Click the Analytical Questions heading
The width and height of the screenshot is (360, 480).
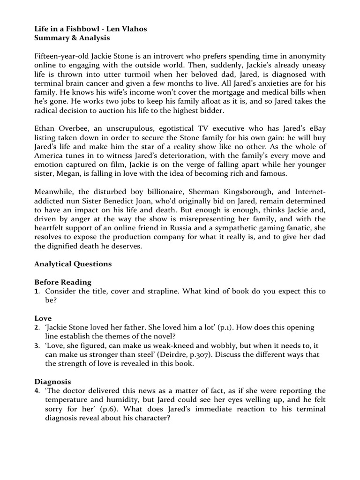73,264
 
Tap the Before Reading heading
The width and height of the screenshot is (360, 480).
63,282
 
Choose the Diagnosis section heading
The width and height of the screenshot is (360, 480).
52,382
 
